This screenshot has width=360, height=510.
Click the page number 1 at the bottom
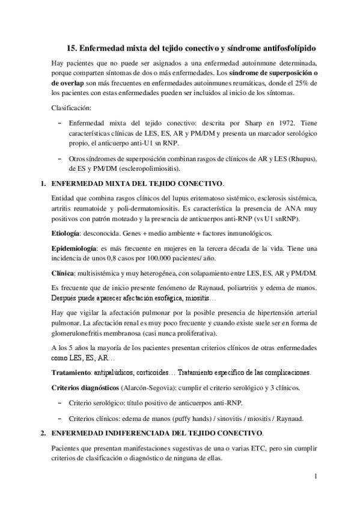coord(316,478)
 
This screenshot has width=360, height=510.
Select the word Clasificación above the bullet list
coord(72,108)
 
